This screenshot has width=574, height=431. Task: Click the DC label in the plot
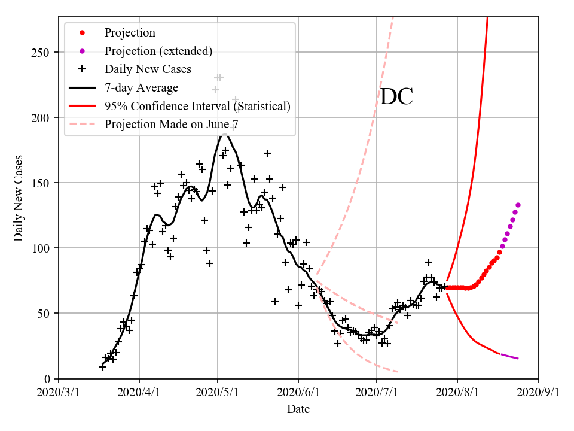pyautogui.click(x=396, y=97)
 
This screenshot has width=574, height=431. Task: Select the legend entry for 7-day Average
pyautogui.click(x=141, y=88)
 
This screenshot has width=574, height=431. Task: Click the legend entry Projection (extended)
pyautogui.click(x=158, y=51)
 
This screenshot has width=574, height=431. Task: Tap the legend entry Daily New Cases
pyautogui.click(x=148, y=69)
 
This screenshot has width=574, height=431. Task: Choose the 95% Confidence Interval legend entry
pyautogui.click(x=197, y=107)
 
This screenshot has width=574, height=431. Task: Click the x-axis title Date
pyautogui.click(x=298, y=409)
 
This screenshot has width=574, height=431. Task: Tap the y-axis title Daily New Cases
pyautogui.click(x=19, y=198)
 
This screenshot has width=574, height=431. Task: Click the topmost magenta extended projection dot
pyautogui.click(x=518, y=205)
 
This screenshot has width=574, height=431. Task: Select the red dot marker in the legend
pyautogui.click(x=82, y=33)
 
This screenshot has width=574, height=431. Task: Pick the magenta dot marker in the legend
pyautogui.click(x=82, y=51)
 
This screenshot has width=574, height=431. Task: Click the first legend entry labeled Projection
pyautogui.click(x=129, y=33)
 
